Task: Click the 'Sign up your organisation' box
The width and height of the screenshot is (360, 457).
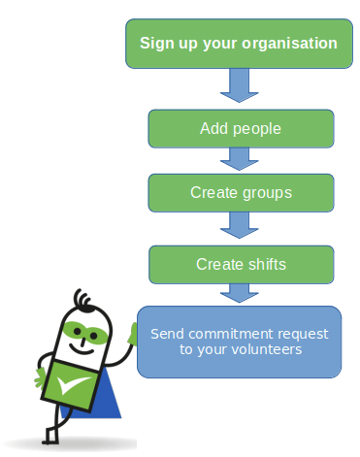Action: pos(238,44)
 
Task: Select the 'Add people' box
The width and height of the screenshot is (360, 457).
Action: pos(240,127)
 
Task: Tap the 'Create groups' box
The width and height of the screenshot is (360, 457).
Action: pos(241,192)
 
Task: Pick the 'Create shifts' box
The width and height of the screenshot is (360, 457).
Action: pos(241,263)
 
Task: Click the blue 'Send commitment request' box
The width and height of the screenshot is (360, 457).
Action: pos(240,341)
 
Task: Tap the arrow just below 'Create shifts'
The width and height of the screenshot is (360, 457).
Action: pos(238,293)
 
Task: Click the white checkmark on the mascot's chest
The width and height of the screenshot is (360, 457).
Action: pos(71,385)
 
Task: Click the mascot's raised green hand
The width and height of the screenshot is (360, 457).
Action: pos(133,334)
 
